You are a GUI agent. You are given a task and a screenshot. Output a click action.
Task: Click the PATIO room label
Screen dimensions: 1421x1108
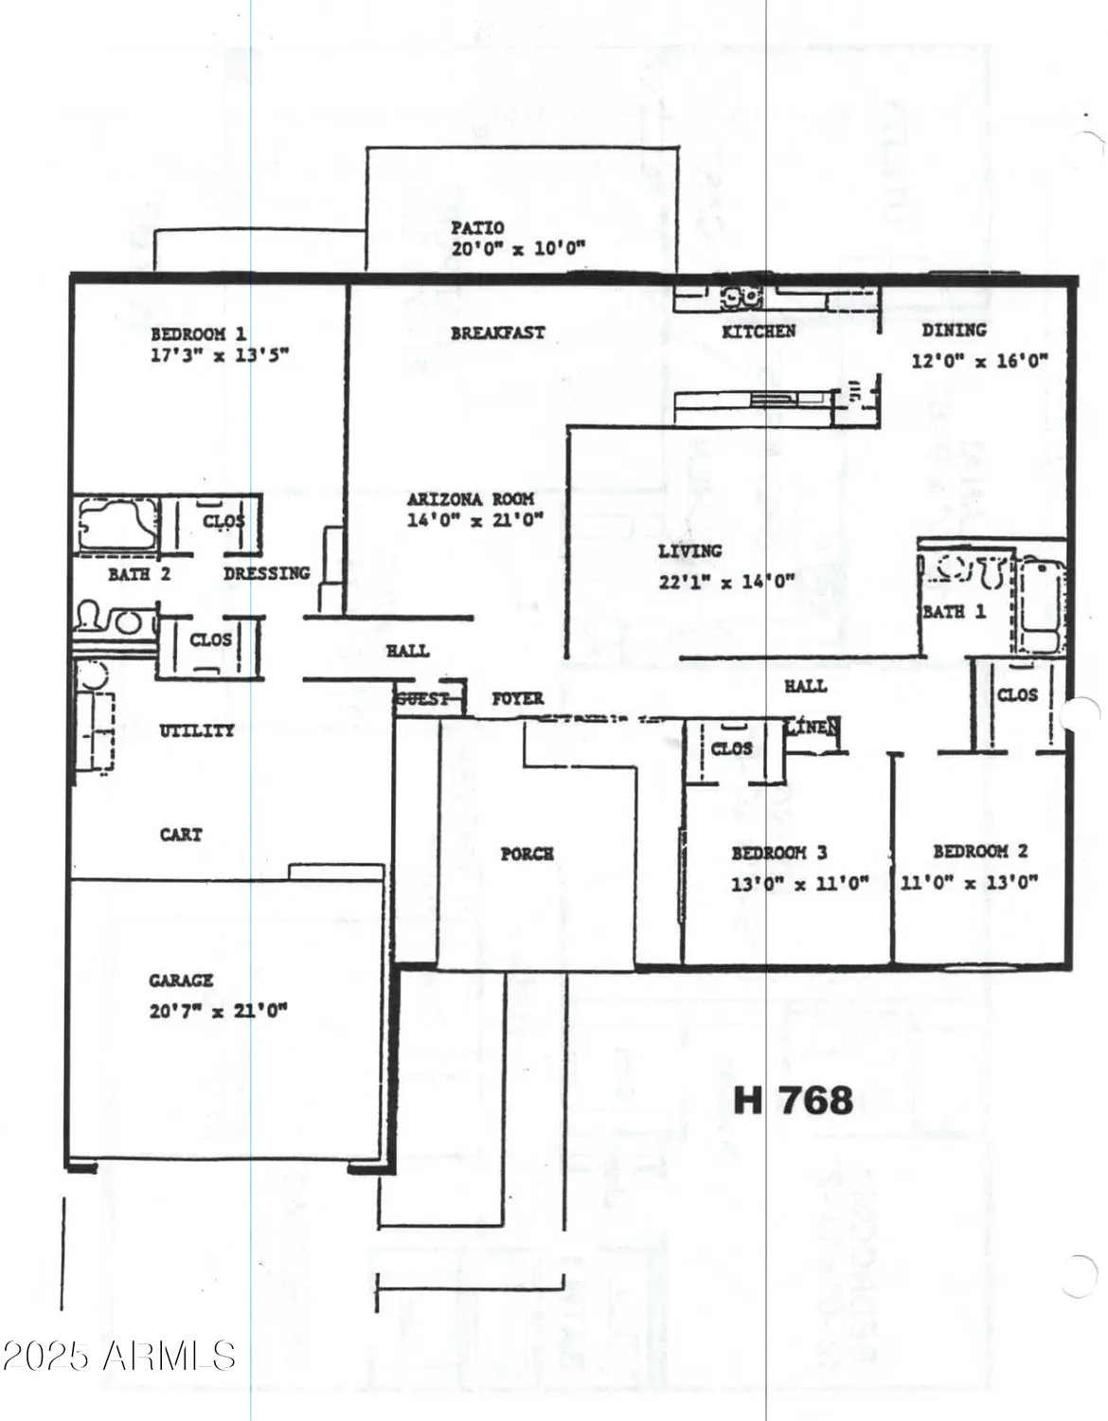477,227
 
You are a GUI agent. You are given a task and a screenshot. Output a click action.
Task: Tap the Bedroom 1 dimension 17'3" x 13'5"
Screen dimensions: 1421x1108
219,355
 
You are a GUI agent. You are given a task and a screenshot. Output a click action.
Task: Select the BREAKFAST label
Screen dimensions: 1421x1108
497,333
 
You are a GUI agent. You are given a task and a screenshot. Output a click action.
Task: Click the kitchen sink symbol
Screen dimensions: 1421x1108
742,297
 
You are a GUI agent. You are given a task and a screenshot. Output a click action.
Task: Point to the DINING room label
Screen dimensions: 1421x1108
954,331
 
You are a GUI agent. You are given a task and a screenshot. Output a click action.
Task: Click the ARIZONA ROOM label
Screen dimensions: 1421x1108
471,498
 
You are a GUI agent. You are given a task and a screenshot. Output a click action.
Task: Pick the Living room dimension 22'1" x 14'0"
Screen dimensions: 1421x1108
726,582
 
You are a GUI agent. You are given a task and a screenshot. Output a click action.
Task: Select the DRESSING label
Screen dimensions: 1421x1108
266,573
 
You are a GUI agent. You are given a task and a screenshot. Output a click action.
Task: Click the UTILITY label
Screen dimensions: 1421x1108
196,730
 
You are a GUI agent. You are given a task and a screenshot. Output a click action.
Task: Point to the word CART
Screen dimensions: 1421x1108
181,835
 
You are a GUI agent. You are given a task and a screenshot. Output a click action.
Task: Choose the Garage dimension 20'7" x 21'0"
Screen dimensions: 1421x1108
218,1011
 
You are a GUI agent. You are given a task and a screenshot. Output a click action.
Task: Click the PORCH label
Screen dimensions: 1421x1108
527,854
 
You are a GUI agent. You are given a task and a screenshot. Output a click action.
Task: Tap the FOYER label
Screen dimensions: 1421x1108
517,698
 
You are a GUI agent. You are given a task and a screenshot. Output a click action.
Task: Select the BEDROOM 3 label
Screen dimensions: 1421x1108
778,853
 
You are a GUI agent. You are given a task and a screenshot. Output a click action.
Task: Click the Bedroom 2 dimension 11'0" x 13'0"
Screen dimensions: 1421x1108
968,882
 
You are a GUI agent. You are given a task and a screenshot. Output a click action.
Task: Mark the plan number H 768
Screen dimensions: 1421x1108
794,1100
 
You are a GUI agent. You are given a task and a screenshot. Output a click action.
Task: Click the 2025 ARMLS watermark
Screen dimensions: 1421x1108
118,1355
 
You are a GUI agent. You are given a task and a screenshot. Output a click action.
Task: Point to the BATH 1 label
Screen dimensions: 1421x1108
954,612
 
